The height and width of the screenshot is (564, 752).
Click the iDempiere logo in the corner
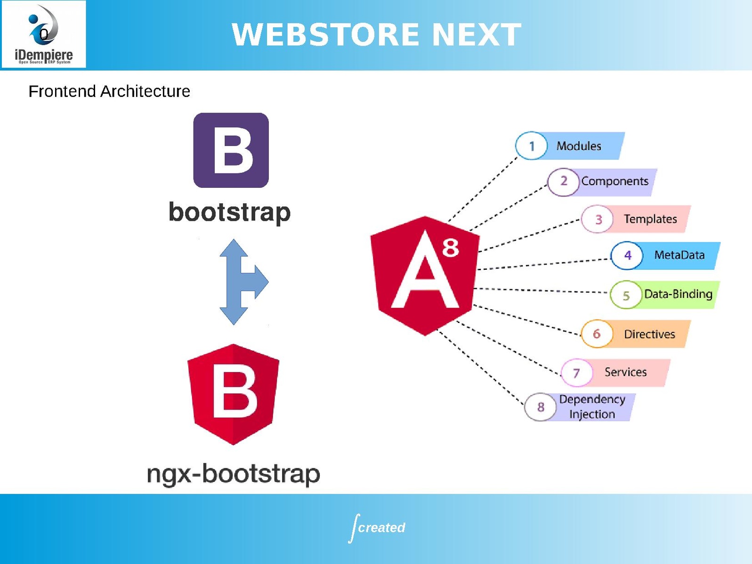(x=44, y=34)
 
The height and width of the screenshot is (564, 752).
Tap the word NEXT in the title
(x=477, y=35)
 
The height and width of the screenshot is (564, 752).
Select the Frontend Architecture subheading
(x=109, y=91)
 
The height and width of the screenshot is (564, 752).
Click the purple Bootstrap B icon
(x=231, y=150)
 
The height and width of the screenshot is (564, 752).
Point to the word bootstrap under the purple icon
(x=230, y=212)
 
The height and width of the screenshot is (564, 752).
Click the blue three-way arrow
(x=241, y=282)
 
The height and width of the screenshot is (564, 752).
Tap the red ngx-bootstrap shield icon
(x=234, y=394)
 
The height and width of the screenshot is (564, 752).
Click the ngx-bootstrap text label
(x=234, y=474)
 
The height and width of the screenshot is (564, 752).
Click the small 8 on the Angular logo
(x=451, y=248)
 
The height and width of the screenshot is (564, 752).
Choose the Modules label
(x=579, y=146)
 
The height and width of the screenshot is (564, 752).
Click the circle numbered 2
(x=563, y=182)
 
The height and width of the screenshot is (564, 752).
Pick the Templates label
(x=650, y=219)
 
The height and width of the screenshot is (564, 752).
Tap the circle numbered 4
(x=627, y=256)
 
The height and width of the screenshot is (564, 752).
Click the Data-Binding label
(x=678, y=294)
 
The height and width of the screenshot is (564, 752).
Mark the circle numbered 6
(x=597, y=334)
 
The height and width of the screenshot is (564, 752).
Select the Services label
(x=625, y=372)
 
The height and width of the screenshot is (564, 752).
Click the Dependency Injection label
(x=592, y=407)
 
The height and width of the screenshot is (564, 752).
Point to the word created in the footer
(x=381, y=528)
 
